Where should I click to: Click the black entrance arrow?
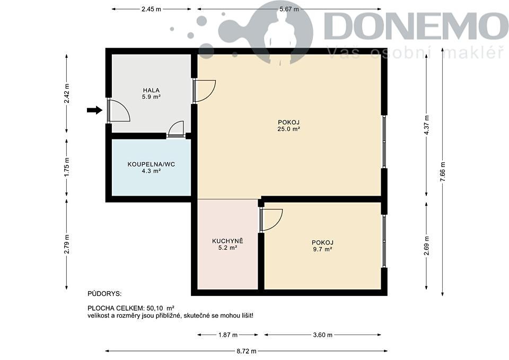(x=94, y=110)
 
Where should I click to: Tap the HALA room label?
(x=151, y=90)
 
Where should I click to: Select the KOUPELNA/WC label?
(x=151, y=164)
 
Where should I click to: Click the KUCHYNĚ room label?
(x=227, y=241)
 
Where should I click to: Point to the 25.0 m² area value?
(x=288, y=129)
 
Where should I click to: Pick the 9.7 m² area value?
(x=323, y=250)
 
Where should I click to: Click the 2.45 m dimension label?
(x=151, y=9)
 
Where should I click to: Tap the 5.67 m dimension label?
(x=289, y=9)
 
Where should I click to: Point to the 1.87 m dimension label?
(x=227, y=335)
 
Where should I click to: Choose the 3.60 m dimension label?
(x=323, y=335)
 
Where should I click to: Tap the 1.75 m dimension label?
(x=67, y=168)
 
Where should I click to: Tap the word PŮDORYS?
(x=104, y=294)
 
